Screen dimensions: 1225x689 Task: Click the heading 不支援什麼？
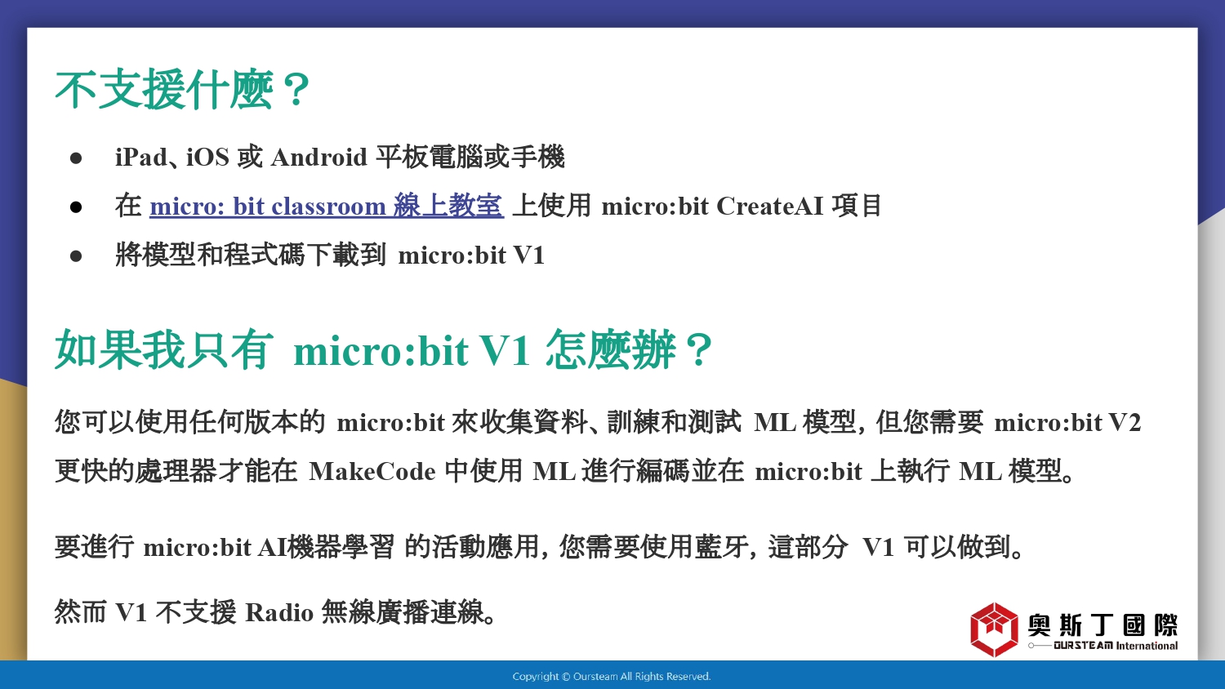(x=183, y=90)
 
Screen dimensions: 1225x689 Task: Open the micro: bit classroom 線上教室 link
(x=327, y=207)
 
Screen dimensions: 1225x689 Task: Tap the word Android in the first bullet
(x=318, y=158)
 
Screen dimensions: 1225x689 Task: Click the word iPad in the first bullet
(x=140, y=158)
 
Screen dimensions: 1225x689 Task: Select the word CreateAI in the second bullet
(x=769, y=207)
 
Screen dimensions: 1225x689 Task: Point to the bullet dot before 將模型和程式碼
(x=76, y=256)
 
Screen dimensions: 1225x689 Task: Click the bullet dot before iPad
(x=76, y=158)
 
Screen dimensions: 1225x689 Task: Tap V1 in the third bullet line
(x=529, y=256)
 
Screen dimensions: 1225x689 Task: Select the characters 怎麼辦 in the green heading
(x=611, y=350)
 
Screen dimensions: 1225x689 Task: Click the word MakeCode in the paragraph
(x=372, y=471)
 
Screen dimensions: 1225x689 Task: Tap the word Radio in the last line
(x=279, y=612)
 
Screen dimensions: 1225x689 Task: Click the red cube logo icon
(x=994, y=629)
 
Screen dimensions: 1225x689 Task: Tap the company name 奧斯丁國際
(x=1102, y=625)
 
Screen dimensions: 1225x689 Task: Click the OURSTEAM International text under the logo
(x=1116, y=646)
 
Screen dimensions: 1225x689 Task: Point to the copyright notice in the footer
(x=612, y=677)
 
